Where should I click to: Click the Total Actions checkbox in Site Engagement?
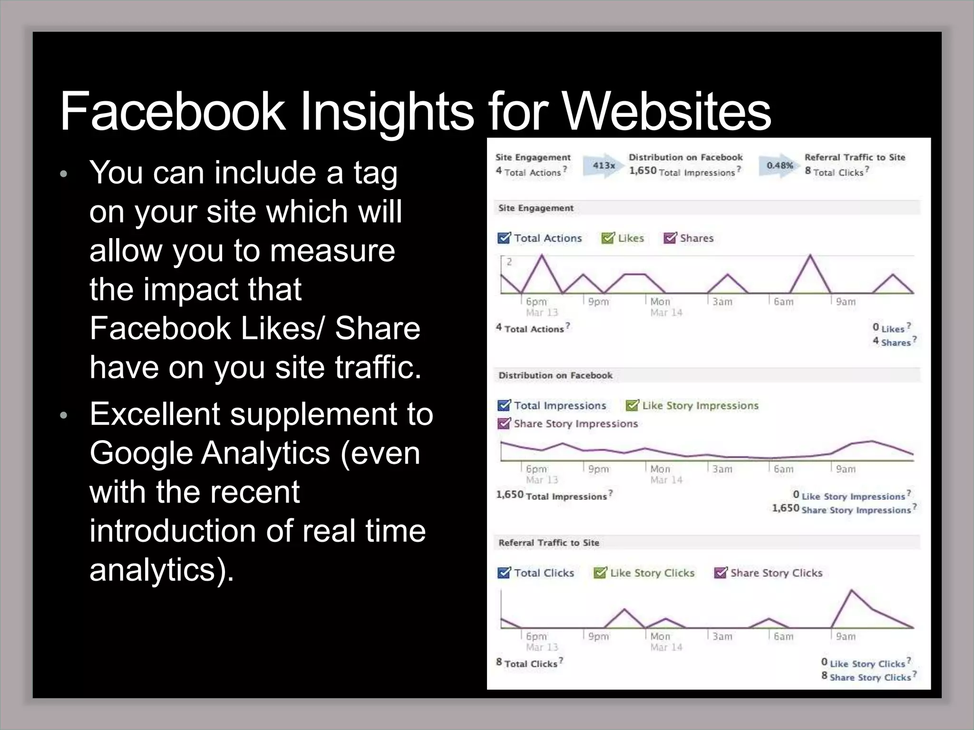[504, 238]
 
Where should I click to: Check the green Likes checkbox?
[607, 238]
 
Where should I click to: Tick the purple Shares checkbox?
[670, 238]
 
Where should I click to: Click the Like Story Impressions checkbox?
[632, 405]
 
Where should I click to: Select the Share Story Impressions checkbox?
[504, 423]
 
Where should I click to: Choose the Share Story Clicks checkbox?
[721, 572]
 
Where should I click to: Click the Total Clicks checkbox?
[504, 572]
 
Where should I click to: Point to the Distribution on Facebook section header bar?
[707, 375]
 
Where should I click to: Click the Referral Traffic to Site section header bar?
[707, 542]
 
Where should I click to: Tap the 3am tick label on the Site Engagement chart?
[722, 302]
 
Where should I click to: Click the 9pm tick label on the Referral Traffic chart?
[598, 636]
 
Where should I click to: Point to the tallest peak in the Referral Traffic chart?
[851, 591]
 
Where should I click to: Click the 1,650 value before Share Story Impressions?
[785, 508]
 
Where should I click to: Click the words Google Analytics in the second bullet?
[209, 453]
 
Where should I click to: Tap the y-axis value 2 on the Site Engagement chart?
[509, 261]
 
